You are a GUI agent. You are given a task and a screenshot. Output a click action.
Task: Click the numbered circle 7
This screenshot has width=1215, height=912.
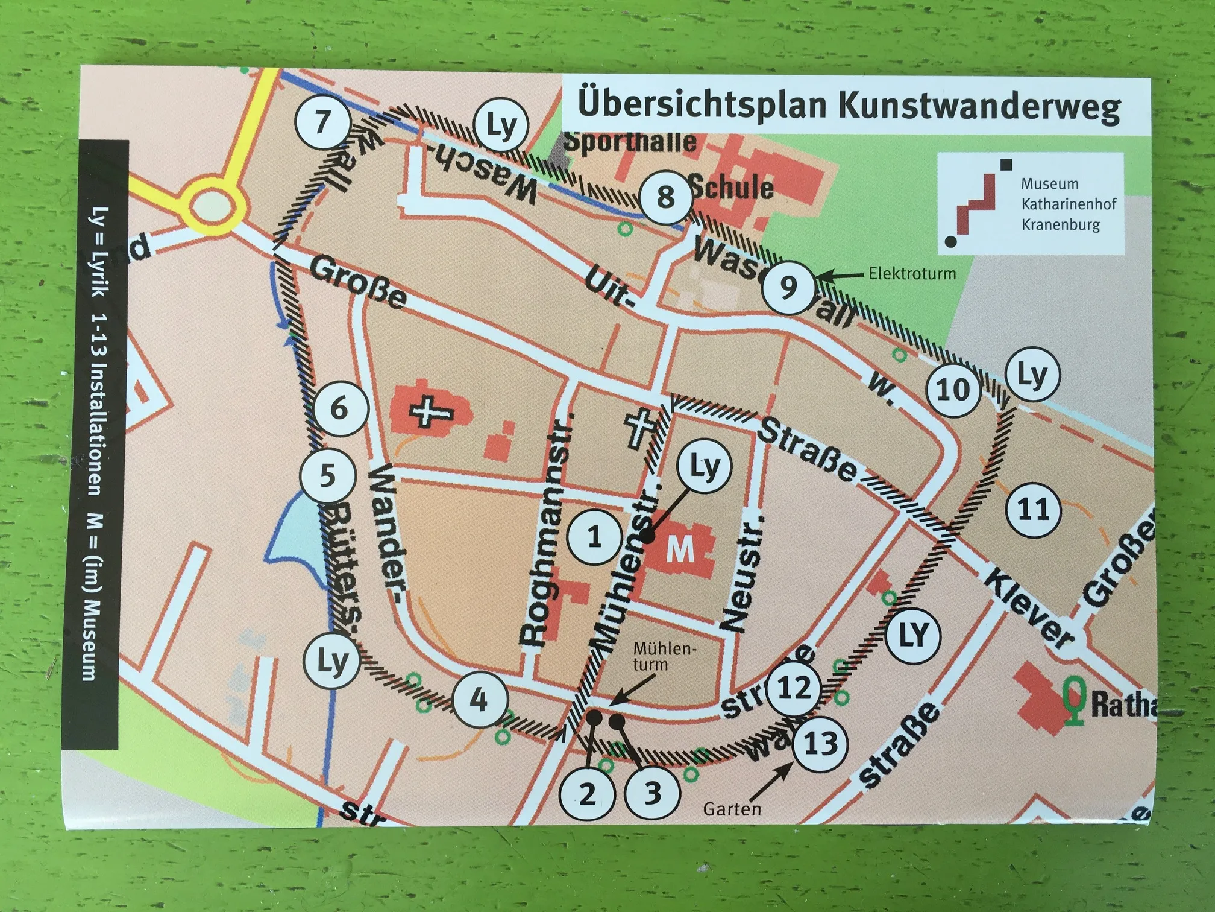(x=324, y=122)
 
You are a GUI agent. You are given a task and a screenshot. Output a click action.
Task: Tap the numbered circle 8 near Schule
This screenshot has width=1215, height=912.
(x=665, y=197)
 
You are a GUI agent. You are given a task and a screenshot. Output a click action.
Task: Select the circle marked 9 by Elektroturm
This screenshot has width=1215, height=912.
(x=788, y=288)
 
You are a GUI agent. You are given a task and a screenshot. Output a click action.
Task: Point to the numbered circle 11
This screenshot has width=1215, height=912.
(x=1034, y=510)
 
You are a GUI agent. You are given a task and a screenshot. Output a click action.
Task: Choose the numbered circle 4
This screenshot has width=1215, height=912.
(x=479, y=700)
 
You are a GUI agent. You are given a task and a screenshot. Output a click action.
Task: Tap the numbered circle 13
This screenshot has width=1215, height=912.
(x=820, y=744)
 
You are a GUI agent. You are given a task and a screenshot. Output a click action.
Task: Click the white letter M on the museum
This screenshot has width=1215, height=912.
(x=680, y=549)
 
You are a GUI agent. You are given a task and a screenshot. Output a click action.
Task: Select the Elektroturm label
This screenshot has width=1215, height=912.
(x=912, y=274)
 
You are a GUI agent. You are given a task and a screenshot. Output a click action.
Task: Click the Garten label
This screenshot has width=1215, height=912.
(x=732, y=808)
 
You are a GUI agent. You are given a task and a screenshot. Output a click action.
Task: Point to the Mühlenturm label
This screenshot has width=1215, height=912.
(x=664, y=656)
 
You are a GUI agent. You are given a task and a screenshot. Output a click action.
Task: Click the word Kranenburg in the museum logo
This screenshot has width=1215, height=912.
(x=1060, y=225)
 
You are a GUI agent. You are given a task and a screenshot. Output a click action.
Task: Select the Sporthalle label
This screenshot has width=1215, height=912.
(x=629, y=142)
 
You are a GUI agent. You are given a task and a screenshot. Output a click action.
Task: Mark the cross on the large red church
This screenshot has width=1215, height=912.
(x=432, y=412)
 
